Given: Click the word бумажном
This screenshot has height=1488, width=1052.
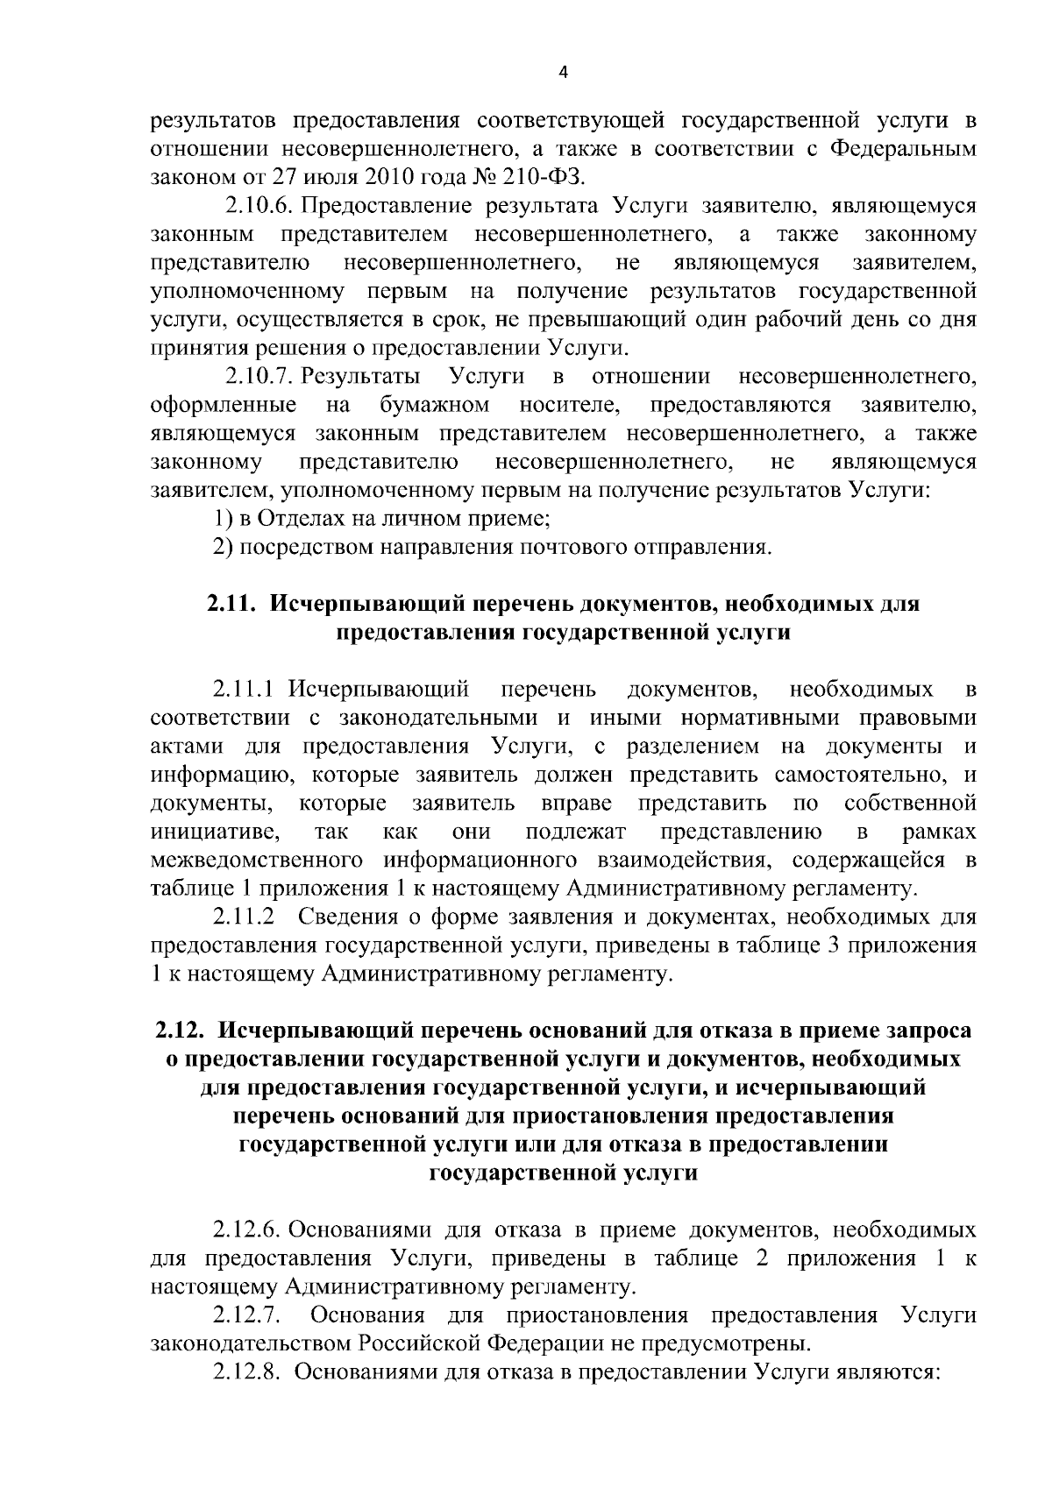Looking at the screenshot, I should pos(435,405).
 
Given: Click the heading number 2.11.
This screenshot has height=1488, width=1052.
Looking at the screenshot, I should pos(231,604).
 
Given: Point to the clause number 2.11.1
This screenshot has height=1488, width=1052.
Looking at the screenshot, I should pos(249,689).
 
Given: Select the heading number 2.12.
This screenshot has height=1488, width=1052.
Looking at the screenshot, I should pos(181,1031).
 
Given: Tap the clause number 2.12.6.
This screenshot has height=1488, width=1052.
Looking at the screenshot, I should pos(246,1230).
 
